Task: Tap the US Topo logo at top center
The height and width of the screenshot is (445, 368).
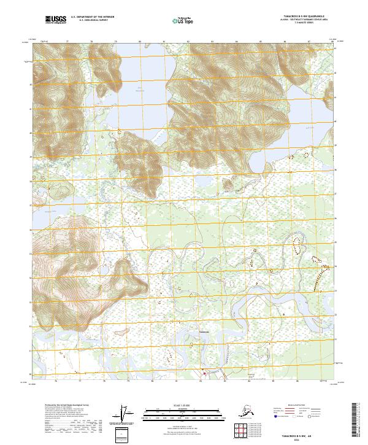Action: point(183,20)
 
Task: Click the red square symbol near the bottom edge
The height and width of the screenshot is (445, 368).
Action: point(205,372)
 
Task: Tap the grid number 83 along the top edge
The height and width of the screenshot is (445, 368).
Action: point(212,42)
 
